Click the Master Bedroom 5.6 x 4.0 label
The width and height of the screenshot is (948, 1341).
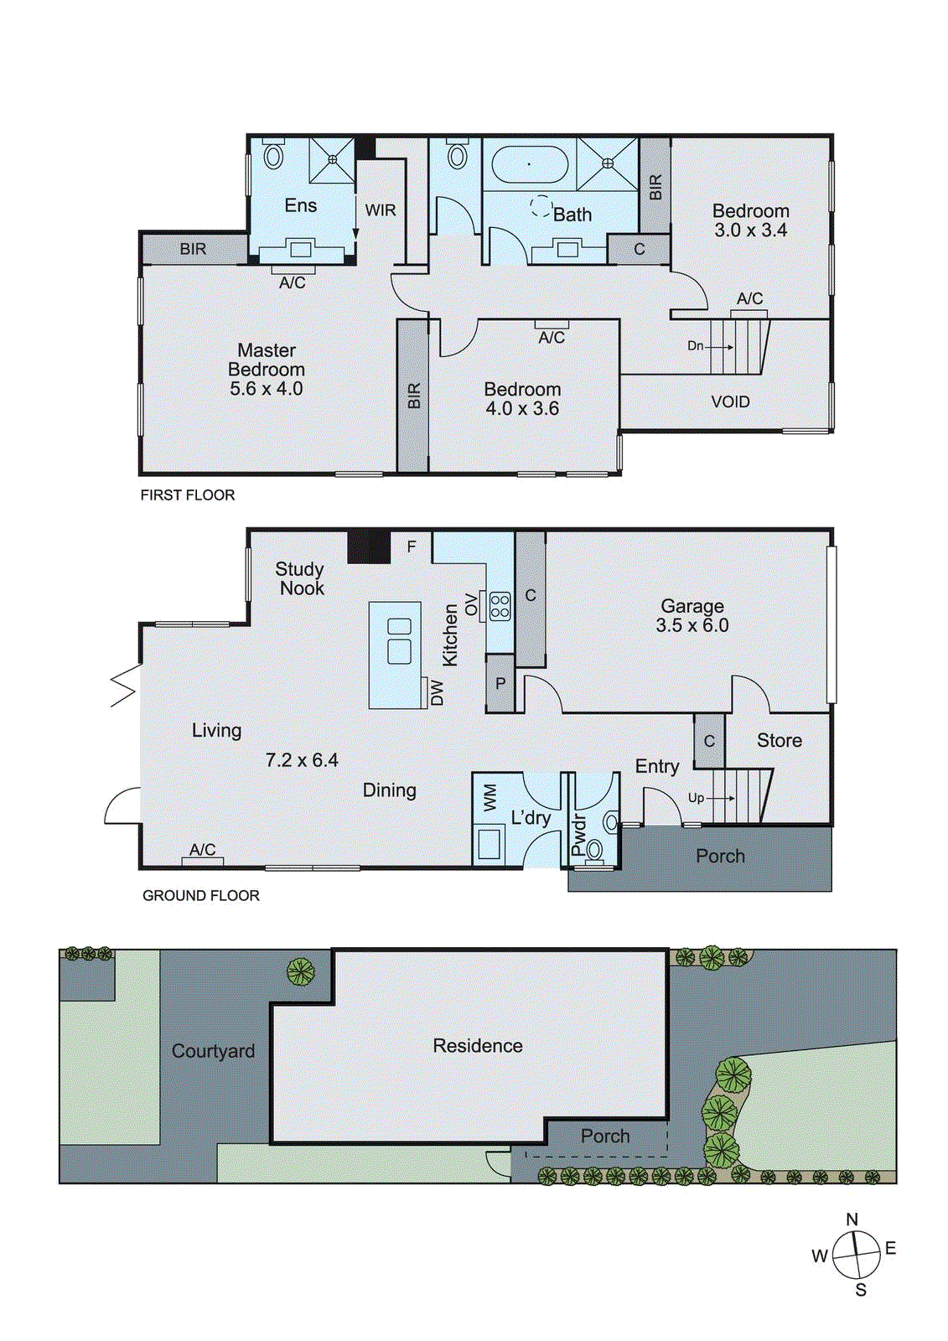pyautogui.click(x=267, y=370)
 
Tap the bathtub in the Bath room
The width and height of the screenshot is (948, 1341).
pyautogui.click(x=529, y=165)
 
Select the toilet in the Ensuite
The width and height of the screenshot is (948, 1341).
pyautogui.click(x=273, y=156)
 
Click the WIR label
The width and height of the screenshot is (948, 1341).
pyautogui.click(x=381, y=210)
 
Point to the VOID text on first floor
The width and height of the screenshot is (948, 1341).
pyautogui.click(x=730, y=402)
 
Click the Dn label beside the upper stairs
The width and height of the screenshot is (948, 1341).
pyautogui.click(x=696, y=346)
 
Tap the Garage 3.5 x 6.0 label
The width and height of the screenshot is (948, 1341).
pyautogui.click(x=692, y=616)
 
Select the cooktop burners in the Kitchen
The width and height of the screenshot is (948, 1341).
pyautogui.click(x=500, y=606)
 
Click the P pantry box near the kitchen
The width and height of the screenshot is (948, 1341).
pyautogui.click(x=500, y=684)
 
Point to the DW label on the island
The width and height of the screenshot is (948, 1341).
pyautogui.click(x=436, y=693)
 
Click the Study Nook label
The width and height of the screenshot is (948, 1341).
pyautogui.click(x=300, y=579)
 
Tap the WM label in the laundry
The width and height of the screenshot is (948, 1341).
pyautogui.click(x=490, y=797)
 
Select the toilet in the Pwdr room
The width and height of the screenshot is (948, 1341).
pyautogui.click(x=594, y=850)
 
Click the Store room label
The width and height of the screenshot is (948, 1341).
pyautogui.click(x=780, y=741)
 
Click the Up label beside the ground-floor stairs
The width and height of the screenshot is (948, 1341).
pyautogui.click(x=696, y=798)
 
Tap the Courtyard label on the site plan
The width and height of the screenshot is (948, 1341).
pyautogui.click(x=213, y=1052)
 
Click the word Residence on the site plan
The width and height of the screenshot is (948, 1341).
pyautogui.click(x=478, y=1046)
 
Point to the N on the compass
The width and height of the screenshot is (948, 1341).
pyautogui.click(x=852, y=1220)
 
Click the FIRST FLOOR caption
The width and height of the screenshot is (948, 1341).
pyautogui.click(x=188, y=495)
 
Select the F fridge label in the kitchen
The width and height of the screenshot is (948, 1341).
pyautogui.click(x=412, y=546)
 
